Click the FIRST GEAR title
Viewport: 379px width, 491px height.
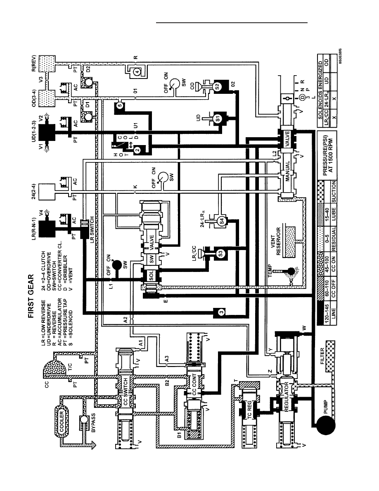31,296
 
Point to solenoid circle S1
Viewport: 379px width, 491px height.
218,119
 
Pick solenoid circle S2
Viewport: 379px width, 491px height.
218,86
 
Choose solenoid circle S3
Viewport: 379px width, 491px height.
220,253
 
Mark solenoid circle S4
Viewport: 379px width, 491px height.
222,221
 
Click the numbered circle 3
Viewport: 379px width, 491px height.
221,312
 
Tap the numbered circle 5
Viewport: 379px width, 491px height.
120,105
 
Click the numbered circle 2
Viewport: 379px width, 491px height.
137,150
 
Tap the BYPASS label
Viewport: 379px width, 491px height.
93,423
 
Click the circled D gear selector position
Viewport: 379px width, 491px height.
302,98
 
